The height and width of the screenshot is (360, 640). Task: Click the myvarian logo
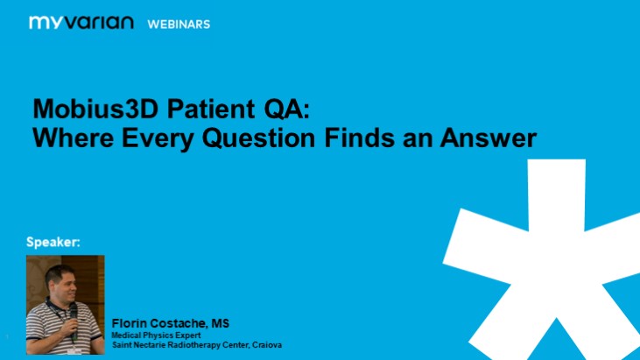81,23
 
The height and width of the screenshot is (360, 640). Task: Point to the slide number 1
6,335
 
